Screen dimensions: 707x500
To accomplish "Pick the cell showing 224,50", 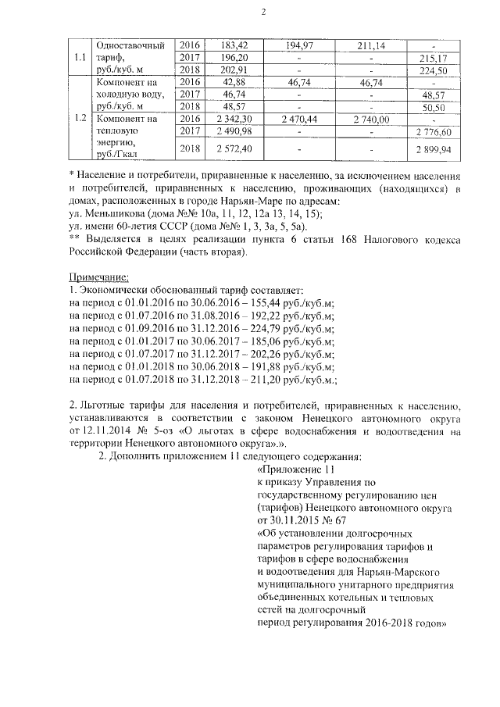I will (x=437, y=70).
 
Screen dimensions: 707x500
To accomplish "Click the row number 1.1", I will (x=79, y=57).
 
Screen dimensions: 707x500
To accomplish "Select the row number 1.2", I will (x=79, y=118).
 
